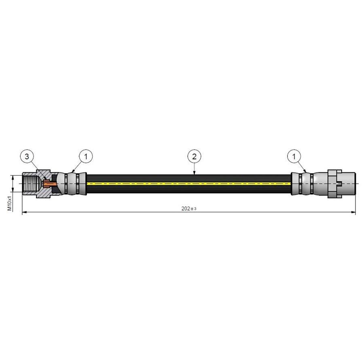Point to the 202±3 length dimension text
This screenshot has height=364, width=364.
tap(188, 209)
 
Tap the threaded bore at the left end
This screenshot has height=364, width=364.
tap(29, 184)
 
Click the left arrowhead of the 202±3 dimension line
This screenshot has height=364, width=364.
tap(23, 212)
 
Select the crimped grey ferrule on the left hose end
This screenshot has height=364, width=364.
tap(75, 184)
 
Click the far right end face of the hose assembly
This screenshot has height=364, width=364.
tap(355, 184)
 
